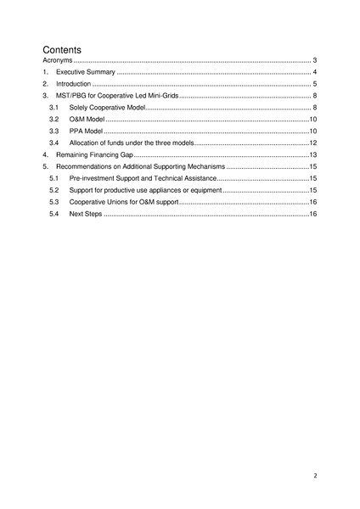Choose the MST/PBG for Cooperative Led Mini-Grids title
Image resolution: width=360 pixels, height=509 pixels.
tap(117, 97)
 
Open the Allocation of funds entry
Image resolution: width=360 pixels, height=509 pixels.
tap(130, 144)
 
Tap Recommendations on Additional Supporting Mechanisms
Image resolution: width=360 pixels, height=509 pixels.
tap(140, 168)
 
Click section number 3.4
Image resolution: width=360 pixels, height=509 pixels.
tap(53, 144)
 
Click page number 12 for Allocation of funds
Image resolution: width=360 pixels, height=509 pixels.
tap(312, 144)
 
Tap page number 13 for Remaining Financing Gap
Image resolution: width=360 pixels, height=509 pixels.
tap(312, 156)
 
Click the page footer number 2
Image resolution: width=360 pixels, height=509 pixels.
tap(314, 476)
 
